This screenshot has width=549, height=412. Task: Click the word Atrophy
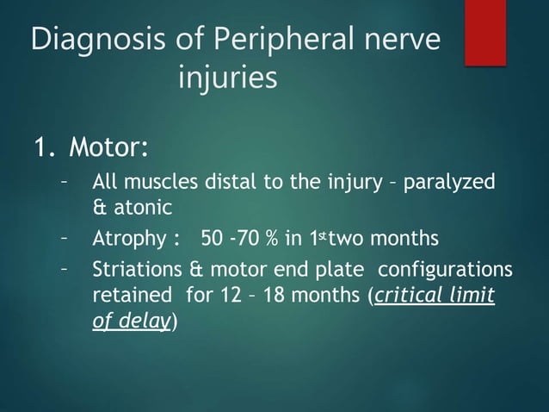[x=129, y=238]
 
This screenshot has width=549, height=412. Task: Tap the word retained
[x=129, y=297]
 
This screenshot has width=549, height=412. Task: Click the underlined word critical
[x=407, y=297]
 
